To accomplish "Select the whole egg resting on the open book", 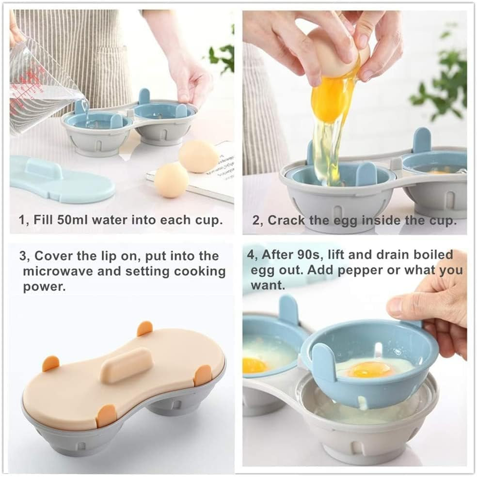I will [198, 155].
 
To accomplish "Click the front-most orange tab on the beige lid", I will [106, 416].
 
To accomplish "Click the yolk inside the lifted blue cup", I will [369, 370].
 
